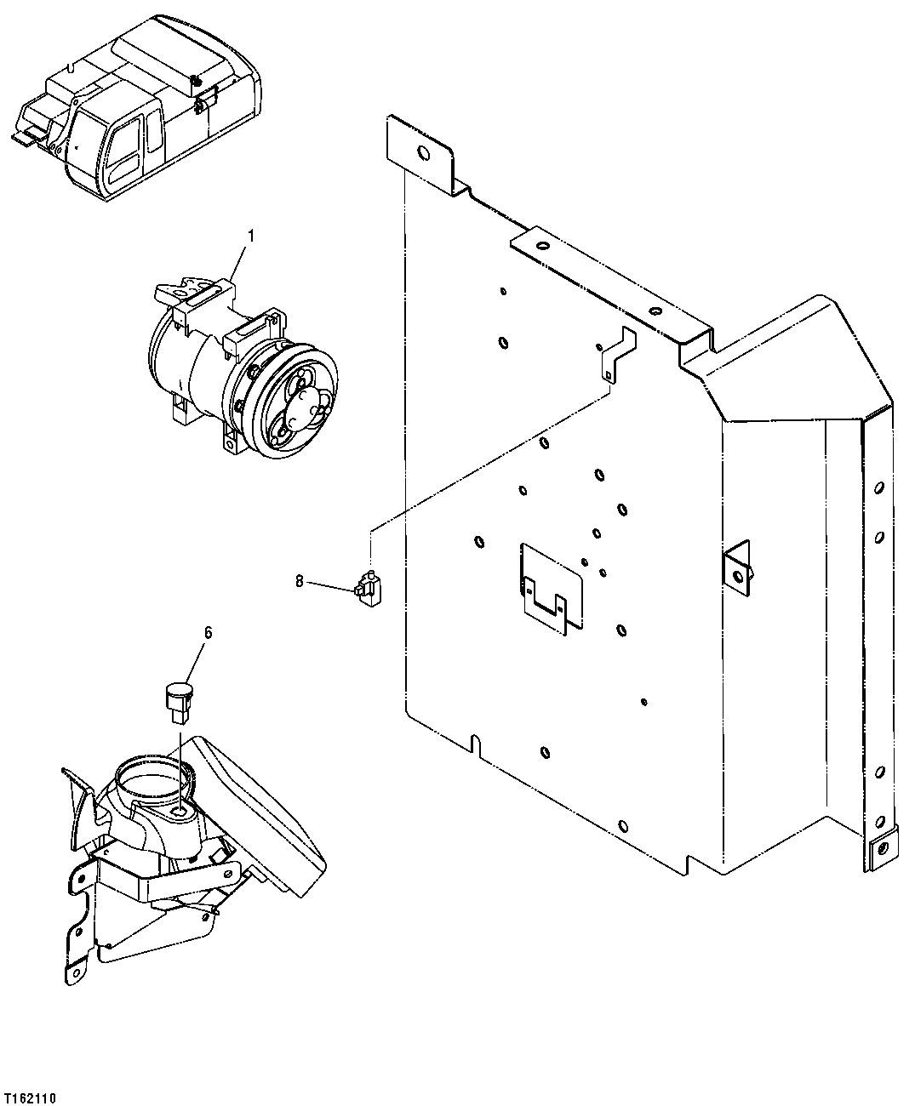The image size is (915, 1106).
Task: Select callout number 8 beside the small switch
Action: click(299, 581)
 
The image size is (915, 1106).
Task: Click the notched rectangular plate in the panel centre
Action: click(550, 587)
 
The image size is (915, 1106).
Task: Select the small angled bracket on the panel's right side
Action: click(738, 563)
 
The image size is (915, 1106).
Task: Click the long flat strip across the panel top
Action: click(609, 286)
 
